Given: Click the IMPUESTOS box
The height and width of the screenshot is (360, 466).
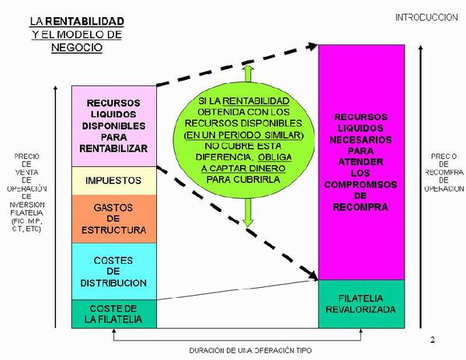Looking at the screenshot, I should pos(113,180).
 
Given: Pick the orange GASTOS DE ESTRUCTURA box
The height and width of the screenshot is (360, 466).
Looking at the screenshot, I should pos(113,218).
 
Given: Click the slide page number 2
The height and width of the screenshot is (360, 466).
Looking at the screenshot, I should pos(433,340).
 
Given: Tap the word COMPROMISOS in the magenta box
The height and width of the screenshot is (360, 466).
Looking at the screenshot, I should pos(363,197).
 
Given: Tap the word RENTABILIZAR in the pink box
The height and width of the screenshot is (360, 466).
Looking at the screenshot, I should pos(113,146).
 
